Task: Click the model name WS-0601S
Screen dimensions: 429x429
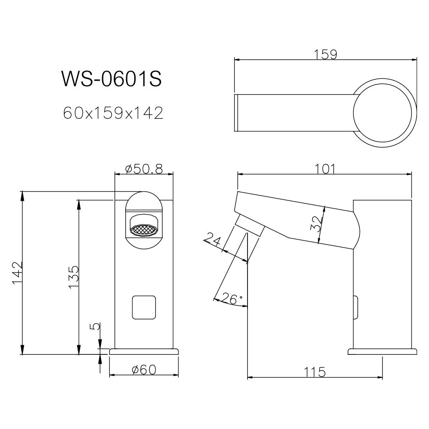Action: pos(112,79)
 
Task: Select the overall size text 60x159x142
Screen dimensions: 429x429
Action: pos(113,113)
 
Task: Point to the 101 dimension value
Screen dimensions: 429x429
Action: pos(325,169)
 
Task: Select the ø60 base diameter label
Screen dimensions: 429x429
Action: pos(144,370)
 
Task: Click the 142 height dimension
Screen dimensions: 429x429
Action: pos(18,273)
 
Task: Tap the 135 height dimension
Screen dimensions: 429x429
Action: pos(73,277)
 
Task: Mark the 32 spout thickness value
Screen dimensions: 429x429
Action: pos(316,224)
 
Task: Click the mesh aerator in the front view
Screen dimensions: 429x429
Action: pos(145,230)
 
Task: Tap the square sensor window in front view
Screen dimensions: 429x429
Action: pos(144,307)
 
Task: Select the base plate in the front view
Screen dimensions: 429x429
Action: pos(144,351)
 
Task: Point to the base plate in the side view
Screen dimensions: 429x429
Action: pos(382,352)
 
